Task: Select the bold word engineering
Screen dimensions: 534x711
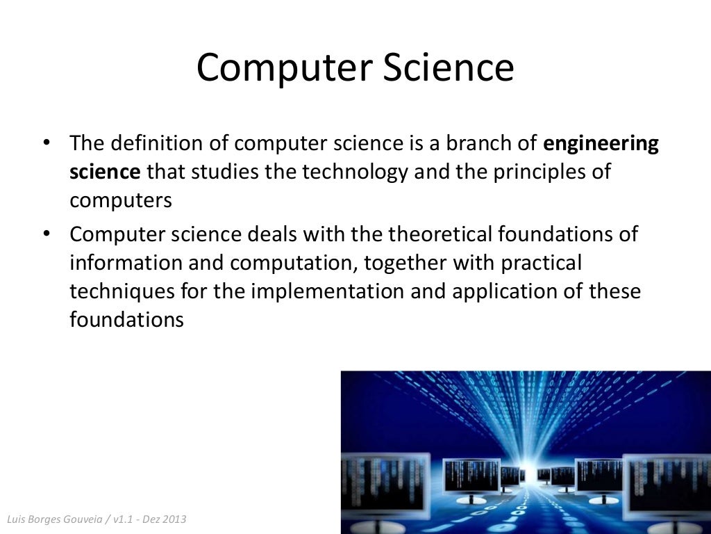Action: click(601, 145)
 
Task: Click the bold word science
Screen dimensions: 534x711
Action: click(105, 172)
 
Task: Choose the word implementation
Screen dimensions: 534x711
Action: click(323, 291)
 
